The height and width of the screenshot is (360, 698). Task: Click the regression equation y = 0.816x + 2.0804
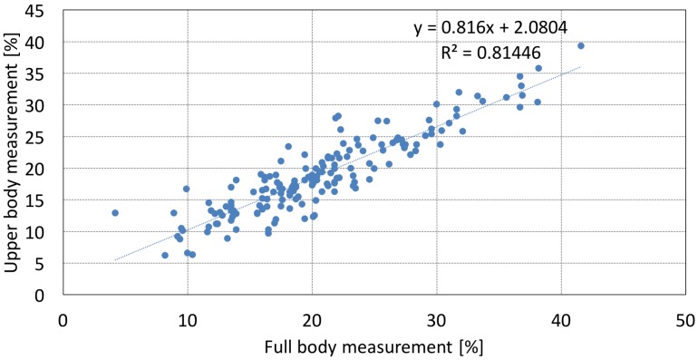490,27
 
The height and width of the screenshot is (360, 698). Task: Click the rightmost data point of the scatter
581,45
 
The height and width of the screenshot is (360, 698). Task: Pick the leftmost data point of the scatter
115,213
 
